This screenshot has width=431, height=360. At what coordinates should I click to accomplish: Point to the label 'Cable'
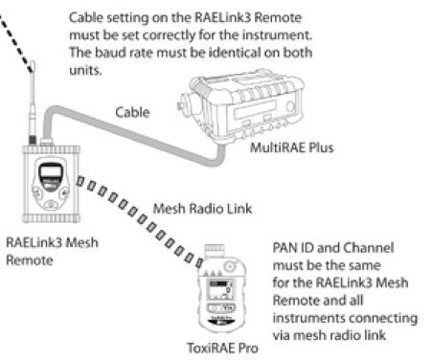click(x=132, y=112)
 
